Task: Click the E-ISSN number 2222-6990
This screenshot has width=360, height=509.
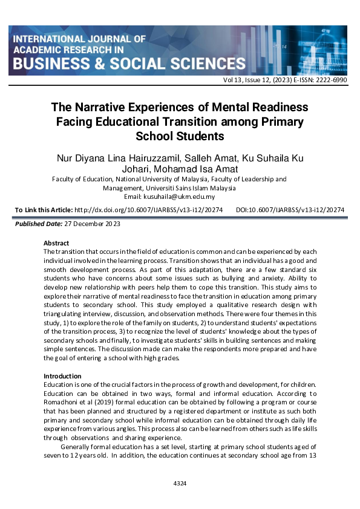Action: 332,80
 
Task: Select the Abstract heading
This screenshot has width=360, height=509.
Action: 57,243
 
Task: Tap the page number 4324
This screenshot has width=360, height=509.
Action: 180,484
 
